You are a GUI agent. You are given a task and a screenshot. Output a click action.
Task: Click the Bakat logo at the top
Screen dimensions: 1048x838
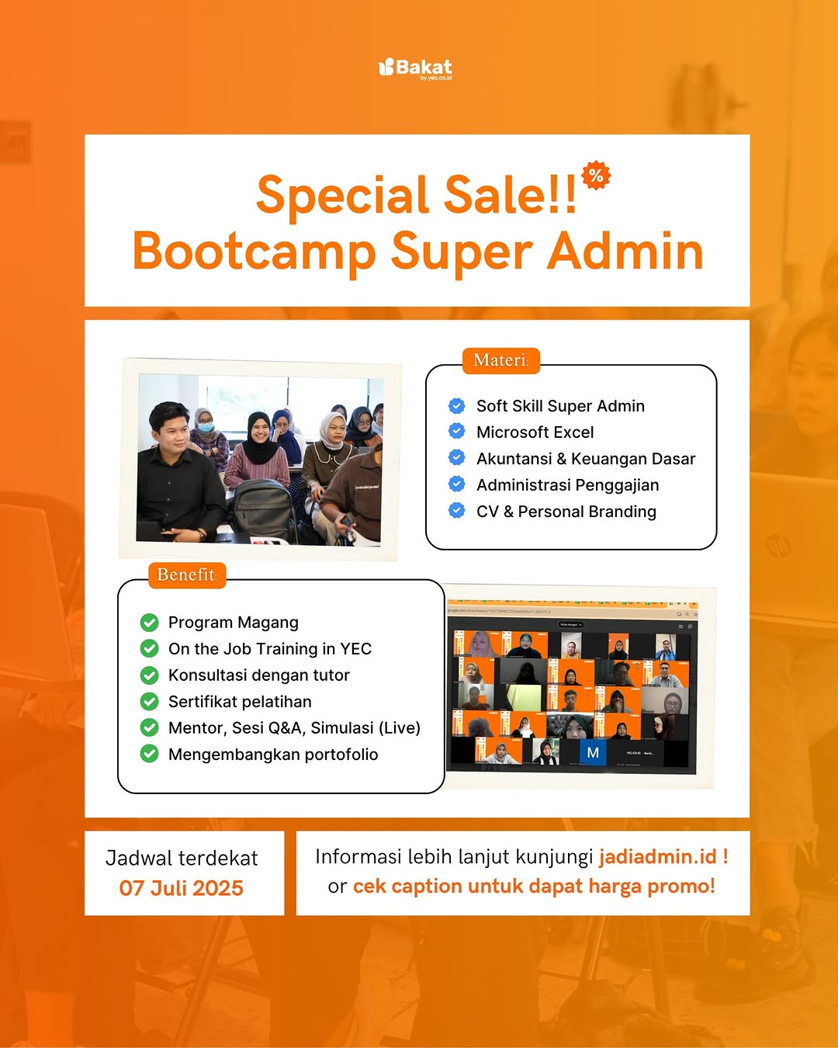coord(415,68)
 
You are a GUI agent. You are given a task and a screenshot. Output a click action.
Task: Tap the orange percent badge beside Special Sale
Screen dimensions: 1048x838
coord(596,175)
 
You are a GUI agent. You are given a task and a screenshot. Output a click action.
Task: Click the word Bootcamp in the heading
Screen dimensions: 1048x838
coord(254,252)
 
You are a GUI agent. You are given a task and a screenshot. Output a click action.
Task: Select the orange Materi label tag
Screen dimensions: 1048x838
coord(500,360)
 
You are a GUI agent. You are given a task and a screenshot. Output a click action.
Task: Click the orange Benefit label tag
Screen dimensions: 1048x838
coord(186,574)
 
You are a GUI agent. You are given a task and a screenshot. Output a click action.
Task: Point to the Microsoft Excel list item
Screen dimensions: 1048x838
coord(535,432)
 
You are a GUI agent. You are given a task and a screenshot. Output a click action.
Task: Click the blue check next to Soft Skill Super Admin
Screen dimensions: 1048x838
coord(457,405)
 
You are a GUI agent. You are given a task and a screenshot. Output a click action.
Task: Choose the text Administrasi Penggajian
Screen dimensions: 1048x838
coord(567,485)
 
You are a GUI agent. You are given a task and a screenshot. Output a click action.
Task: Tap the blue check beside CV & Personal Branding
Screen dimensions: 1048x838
coord(457,511)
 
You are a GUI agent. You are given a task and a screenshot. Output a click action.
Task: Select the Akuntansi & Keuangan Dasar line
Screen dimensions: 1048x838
coord(586,459)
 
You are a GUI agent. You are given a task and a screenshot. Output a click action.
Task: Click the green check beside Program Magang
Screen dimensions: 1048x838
coord(149,623)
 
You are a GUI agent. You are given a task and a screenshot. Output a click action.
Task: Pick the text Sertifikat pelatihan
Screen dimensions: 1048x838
coord(240,702)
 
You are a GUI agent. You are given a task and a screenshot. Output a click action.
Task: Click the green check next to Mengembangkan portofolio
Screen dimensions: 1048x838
coord(149,754)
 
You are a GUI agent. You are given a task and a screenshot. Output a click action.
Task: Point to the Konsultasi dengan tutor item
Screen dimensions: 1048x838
coord(258,675)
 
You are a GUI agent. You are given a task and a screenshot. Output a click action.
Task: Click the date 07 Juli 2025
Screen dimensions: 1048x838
coord(182,888)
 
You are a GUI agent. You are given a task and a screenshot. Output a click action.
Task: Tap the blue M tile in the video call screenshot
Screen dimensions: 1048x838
coord(593,752)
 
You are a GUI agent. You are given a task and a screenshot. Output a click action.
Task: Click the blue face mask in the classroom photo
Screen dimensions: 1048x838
coord(205,427)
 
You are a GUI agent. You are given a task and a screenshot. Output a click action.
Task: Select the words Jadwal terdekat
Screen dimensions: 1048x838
coord(182,858)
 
